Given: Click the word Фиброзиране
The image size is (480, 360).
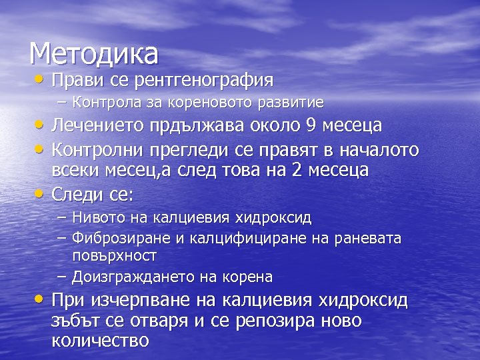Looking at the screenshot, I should click(113, 237).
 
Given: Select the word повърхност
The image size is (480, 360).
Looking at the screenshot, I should click(114, 256).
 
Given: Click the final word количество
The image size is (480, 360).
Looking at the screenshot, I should click(100, 341).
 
